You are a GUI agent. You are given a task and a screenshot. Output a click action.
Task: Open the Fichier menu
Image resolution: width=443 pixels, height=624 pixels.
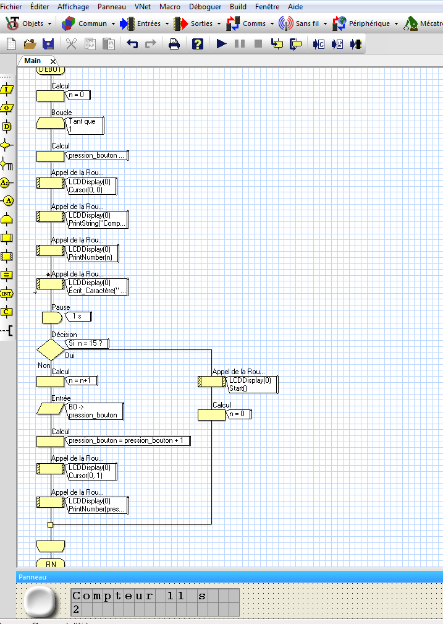12,7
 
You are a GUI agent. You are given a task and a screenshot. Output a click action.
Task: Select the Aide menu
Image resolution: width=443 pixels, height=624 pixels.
295,7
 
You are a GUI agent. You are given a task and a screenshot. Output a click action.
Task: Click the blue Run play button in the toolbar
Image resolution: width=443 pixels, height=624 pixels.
222,44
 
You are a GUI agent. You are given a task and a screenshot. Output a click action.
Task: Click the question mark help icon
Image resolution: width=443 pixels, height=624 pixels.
197,44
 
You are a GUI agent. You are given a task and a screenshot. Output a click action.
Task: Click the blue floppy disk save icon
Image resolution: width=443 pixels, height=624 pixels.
48,44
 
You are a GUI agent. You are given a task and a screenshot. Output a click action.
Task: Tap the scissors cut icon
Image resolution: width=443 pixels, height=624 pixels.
71,44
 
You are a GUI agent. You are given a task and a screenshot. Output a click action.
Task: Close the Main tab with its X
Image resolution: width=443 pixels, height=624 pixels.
53,61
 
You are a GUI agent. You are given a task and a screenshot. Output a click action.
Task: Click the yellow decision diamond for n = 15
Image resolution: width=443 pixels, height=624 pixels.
50,349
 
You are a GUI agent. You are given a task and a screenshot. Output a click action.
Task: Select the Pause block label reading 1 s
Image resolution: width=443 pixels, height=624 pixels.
78,317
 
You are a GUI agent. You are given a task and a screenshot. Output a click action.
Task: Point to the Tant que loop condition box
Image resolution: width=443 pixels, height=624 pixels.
85,126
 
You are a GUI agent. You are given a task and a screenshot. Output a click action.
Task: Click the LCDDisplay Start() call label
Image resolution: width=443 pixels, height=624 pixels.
253,384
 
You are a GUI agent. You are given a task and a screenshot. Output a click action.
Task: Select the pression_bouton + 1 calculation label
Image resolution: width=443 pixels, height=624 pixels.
129,440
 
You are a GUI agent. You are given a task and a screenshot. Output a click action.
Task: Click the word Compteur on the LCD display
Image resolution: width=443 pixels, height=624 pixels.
113,597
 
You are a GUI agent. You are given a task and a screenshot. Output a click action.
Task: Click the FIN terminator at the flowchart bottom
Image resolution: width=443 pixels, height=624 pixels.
50,563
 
